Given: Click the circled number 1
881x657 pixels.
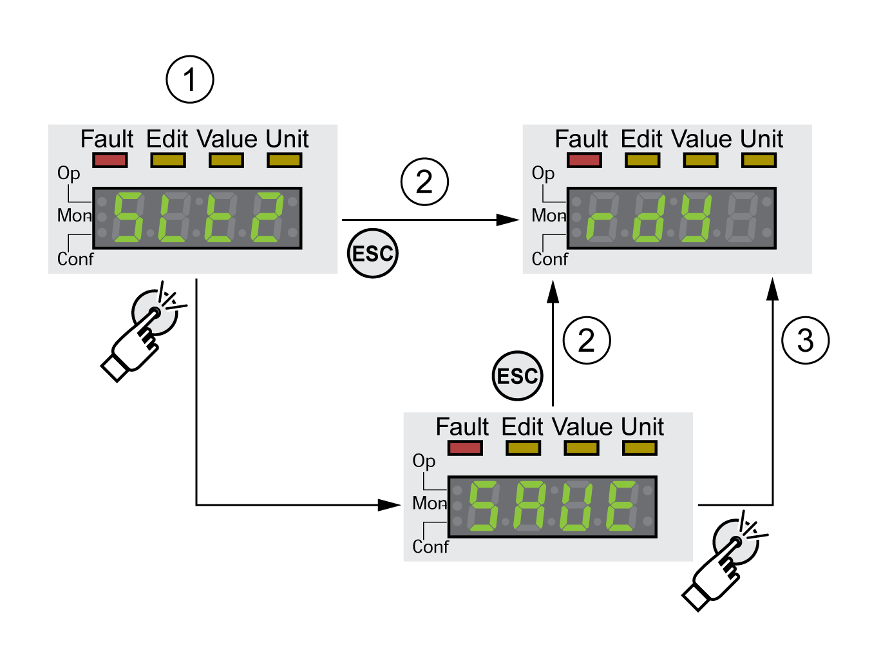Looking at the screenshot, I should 189,80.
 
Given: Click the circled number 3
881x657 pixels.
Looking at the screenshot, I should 805,340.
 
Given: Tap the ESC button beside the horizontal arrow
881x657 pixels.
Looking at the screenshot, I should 372,253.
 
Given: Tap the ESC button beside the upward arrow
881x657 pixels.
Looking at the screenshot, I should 517,376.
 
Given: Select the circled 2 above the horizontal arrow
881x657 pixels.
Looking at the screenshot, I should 424,182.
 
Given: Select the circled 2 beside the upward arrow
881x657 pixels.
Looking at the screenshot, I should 586,340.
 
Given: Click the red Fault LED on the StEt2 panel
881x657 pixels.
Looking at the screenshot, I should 109,160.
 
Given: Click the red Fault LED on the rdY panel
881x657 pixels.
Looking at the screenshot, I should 584,160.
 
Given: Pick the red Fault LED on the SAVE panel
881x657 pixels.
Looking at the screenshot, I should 465,448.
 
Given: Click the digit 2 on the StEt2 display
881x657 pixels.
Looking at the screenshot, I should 267,218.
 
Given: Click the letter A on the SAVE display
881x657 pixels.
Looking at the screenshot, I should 529,506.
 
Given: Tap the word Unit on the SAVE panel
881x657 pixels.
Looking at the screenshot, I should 642,427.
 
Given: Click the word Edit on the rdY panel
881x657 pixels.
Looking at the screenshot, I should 641,139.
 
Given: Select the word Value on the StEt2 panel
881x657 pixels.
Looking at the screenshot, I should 227,139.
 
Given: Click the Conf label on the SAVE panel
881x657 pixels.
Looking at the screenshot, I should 430,547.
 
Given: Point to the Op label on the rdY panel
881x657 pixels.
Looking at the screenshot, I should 543,173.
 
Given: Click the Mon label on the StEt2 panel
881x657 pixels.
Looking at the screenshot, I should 74,215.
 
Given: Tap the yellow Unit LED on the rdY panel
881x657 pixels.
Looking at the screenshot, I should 759,160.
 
